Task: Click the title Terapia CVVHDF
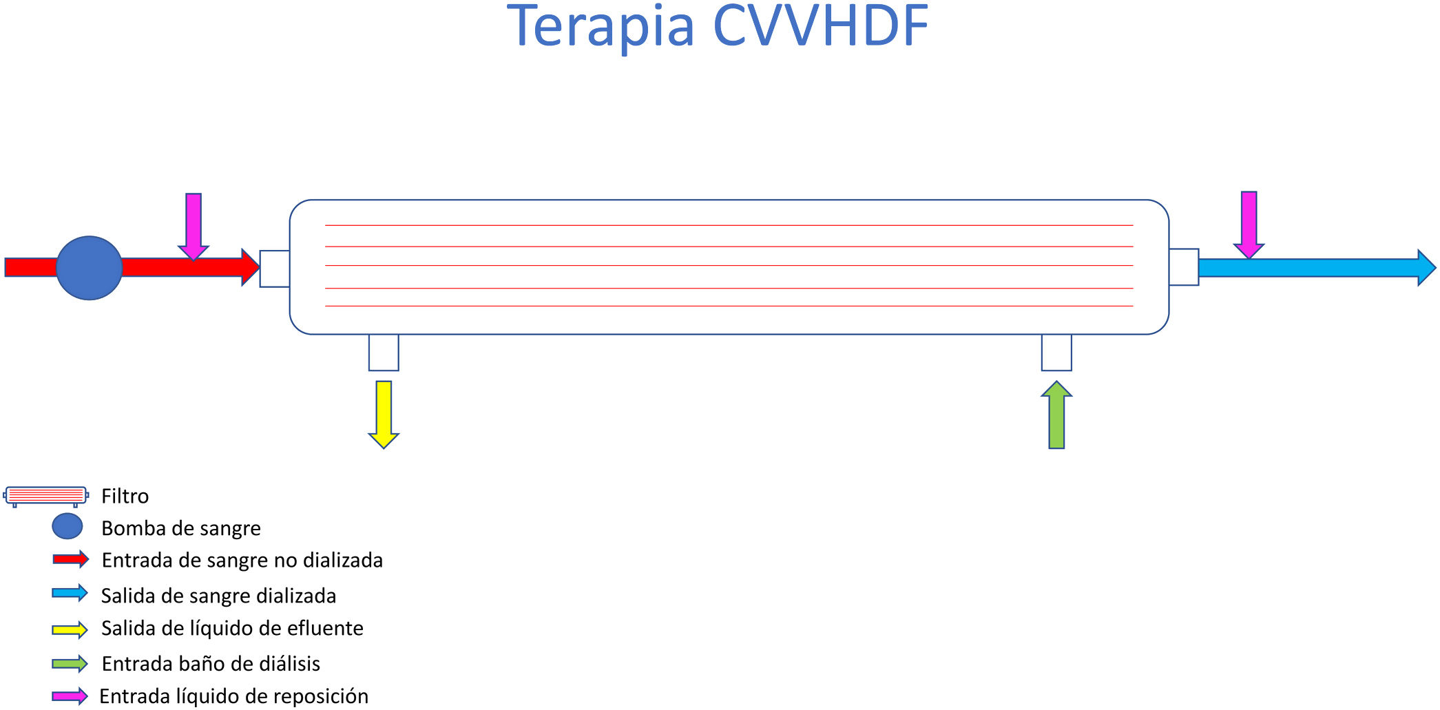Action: (x=718, y=26)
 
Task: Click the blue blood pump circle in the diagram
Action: (x=89, y=268)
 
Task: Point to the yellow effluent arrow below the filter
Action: (x=384, y=414)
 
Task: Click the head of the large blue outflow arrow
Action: (x=1424, y=268)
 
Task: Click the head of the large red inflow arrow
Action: (x=249, y=267)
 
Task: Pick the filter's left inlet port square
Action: (x=274, y=269)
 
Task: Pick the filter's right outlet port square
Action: (x=1184, y=267)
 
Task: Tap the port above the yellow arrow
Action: (x=384, y=353)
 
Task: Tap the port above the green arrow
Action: (x=1056, y=353)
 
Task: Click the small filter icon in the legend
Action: (x=45, y=496)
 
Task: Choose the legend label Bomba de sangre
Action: (x=180, y=528)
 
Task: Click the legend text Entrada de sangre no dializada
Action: (x=242, y=561)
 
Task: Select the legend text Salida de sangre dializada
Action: (x=218, y=596)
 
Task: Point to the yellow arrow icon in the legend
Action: (x=70, y=629)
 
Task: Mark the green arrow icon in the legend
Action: (x=70, y=664)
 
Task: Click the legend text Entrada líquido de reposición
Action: (x=233, y=696)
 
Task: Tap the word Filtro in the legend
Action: (x=125, y=496)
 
